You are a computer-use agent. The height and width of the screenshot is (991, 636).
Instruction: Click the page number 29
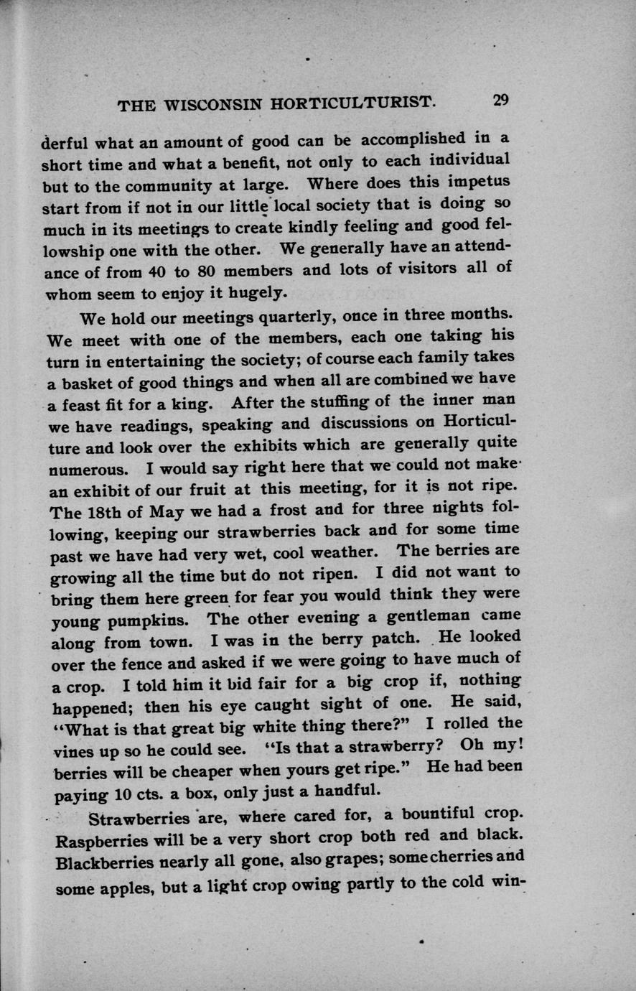point(500,101)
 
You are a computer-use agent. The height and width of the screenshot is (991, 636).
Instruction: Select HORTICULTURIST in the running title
point(352,103)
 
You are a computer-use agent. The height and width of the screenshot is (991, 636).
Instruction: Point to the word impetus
point(478,180)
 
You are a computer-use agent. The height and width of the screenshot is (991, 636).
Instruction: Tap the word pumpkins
point(158,618)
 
